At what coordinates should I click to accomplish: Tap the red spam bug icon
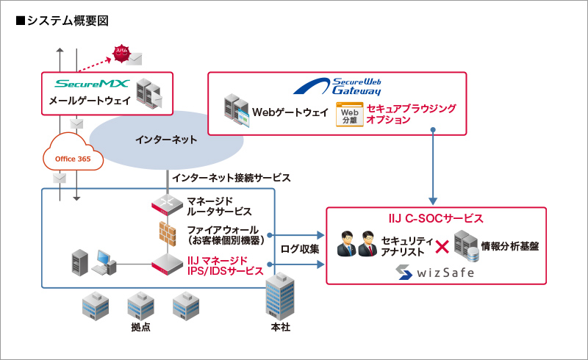(x=119, y=52)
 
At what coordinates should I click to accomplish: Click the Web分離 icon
(x=349, y=115)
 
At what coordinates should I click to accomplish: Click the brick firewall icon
(x=168, y=233)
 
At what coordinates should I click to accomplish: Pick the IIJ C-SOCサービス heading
(x=436, y=218)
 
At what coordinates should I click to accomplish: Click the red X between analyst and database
(x=442, y=248)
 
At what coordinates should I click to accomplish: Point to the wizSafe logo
(x=436, y=273)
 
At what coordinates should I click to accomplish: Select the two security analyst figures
(x=356, y=245)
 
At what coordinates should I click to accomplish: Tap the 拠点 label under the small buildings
(x=140, y=326)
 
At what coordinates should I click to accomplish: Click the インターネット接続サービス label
(x=231, y=178)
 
